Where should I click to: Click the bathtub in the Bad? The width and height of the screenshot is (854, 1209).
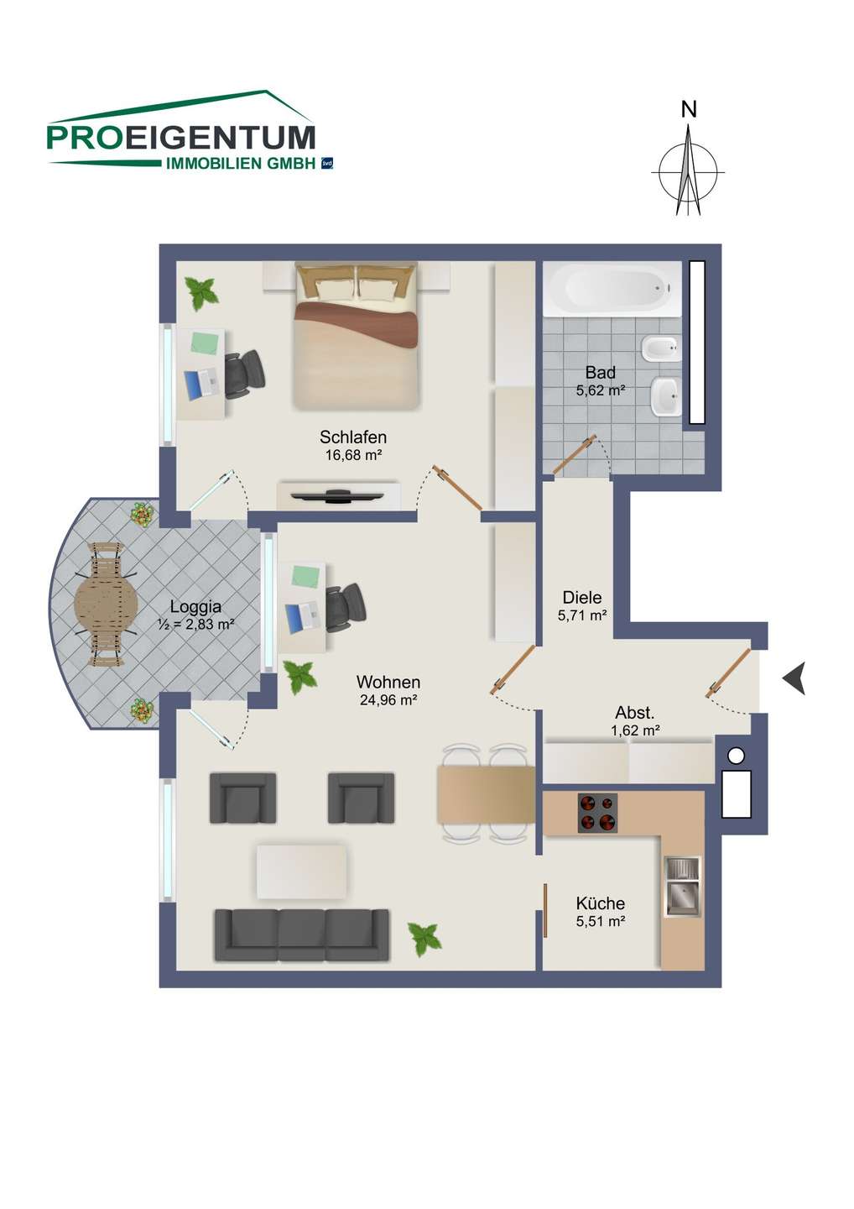tap(612, 289)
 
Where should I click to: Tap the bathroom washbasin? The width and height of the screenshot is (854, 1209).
tap(666, 396)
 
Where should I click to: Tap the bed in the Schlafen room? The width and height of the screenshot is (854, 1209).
tap(356, 336)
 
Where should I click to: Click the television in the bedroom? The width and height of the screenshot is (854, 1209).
tap(339, 495)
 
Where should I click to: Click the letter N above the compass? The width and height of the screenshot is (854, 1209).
tap(689, 109)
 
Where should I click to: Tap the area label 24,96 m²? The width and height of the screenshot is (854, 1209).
tap(388, 700)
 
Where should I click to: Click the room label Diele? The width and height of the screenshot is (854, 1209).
tap(581, 598)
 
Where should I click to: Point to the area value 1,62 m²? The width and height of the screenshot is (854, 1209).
tap(636, 730)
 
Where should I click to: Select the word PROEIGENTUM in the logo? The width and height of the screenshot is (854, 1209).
tap(181, 138)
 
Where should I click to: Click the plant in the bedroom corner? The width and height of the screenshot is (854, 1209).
tap(201, 293)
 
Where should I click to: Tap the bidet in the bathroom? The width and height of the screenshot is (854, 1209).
tap(663, 350)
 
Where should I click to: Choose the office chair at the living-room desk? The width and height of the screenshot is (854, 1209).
tap(346, 608)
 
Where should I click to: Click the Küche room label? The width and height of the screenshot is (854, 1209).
tap(600, 903)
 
